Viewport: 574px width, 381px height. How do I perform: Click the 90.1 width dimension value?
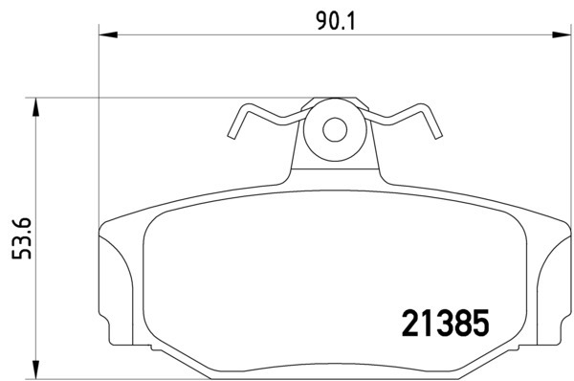click(336, 22)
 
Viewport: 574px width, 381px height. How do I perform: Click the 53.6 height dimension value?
click(22, 238)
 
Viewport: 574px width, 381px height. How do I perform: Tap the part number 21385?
click(445, 323)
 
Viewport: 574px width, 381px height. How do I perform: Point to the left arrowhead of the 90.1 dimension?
click(108, 34)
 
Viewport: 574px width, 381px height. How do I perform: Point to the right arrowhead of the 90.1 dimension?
click(562, 34)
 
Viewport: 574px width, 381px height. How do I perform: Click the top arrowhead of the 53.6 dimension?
click(35, 107)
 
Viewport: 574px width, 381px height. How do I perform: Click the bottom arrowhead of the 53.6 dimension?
click(35, 370)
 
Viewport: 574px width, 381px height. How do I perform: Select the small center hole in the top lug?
click(335, 129)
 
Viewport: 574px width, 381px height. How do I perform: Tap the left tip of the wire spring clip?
click(231, 136)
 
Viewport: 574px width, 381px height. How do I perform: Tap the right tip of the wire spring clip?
click(438, 136)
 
